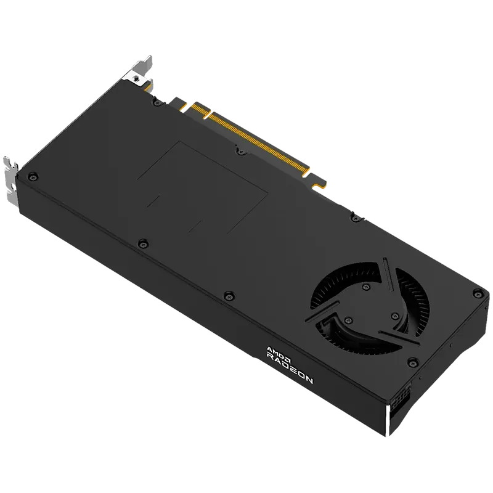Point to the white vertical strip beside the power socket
[x=388, y=420]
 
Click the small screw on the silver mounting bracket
[x=136, y=78]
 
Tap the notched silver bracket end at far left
[x=10, y=182]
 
